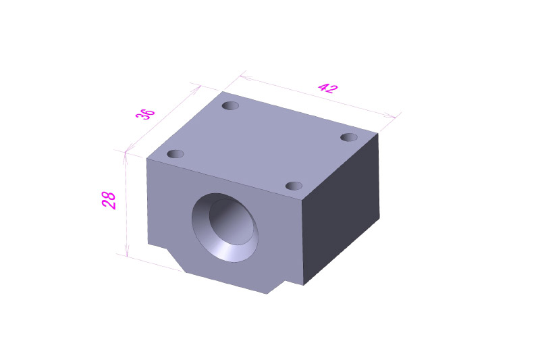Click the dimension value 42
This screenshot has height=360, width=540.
click(327, 88)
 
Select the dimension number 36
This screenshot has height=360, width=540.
click(145, 113)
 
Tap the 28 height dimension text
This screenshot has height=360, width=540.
click(109, 200)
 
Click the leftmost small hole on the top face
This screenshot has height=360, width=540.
click(175, 153)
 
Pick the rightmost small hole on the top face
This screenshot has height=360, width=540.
click(349, 137)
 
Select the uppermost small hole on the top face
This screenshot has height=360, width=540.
click(230, 105)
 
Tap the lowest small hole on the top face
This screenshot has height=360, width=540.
click(294, 186)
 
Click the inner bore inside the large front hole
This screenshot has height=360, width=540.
click(232, 222)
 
